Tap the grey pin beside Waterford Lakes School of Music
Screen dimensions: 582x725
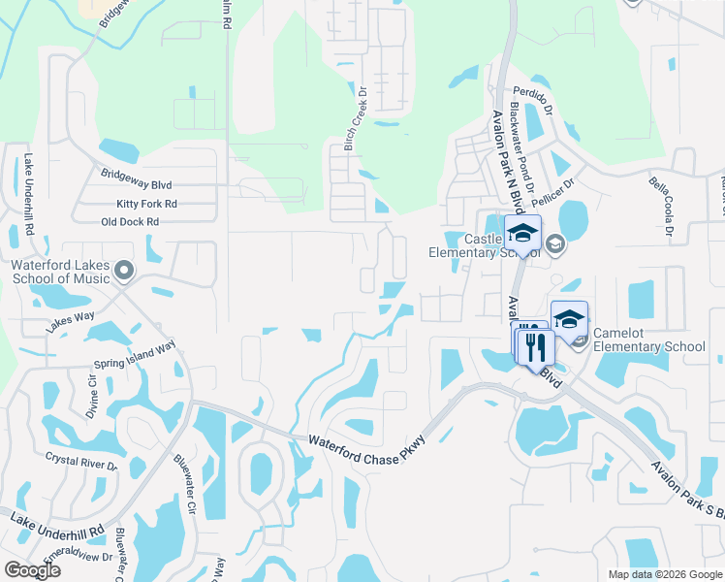pos(123,271)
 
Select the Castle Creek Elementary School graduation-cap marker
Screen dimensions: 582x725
pos(522,235)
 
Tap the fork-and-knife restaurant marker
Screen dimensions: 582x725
pos(536,346)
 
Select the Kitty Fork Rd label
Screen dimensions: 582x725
pos(146,204)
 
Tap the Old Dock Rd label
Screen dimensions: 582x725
pos(130,222)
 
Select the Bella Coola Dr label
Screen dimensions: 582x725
pos(664,206)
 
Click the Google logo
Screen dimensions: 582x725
pos(32,570)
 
